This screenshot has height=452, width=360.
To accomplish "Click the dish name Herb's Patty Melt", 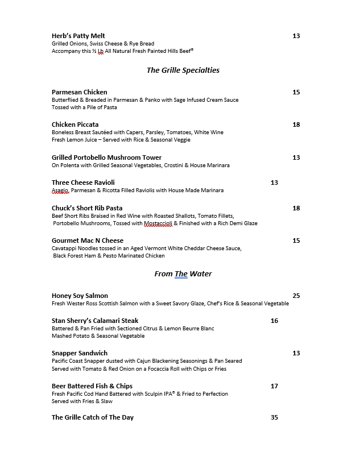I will point(78,36).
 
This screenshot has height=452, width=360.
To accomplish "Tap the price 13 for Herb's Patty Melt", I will point(296,36).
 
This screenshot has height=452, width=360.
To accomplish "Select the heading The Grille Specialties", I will point(183,71).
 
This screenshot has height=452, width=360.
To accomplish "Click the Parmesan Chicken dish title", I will point(79,92).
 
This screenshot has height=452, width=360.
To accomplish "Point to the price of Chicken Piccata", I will point(296,125).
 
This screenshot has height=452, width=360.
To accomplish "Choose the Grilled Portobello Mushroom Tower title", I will point(106,157).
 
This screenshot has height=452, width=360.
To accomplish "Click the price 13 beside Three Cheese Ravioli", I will point(274,183).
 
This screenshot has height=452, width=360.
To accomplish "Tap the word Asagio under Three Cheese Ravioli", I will point(60,190).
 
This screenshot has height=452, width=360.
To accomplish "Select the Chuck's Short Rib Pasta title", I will point(87,208).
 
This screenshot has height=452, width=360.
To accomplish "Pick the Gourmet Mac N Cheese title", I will point(87,240).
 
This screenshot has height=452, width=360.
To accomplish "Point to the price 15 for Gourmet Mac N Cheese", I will point(296,240).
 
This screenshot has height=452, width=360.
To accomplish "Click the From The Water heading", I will point(183,274).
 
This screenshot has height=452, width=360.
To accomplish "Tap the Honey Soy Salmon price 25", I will point(296,296).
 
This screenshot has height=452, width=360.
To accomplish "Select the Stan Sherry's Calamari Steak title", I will point(95,321).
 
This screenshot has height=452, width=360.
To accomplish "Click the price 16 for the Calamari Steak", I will point(274,321).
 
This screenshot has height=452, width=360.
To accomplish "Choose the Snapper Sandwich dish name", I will point(80,353).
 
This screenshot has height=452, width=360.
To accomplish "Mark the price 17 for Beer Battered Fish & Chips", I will point(274,386).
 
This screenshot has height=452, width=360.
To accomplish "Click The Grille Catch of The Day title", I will point(93,417).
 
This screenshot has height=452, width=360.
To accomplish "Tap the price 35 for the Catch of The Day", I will point(274,417).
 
